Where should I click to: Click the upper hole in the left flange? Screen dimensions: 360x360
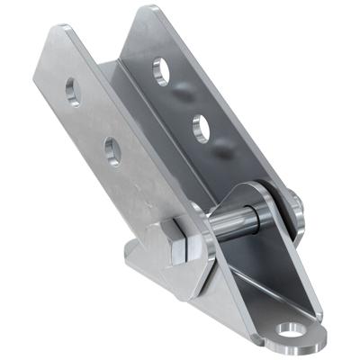tap(71, 90)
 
